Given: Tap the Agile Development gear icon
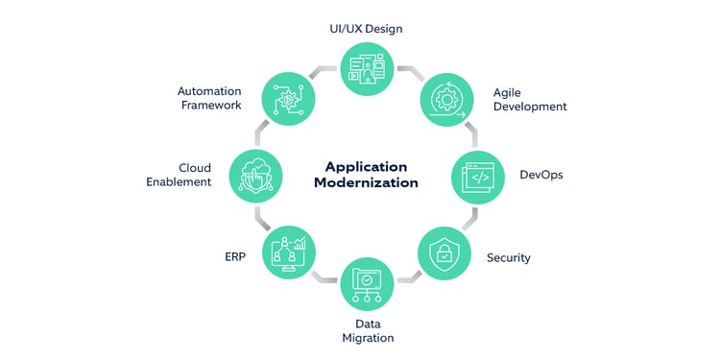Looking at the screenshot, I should coord(446,98).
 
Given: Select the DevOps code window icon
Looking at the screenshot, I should coord(479,176).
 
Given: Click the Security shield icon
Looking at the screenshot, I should coord(445,253).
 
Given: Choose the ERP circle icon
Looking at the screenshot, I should coord(288,253).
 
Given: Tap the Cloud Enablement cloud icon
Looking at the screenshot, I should coord(255,176).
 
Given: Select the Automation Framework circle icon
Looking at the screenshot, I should coord(288,98).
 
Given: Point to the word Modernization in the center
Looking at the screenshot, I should coord(366,182).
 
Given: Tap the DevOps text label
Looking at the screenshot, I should coord(542,176).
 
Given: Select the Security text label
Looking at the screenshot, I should coord(508,257).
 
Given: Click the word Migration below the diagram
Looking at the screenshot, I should coord(367,338).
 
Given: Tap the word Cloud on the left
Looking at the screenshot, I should coord(195,168).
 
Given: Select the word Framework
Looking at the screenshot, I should coord(210,106).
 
